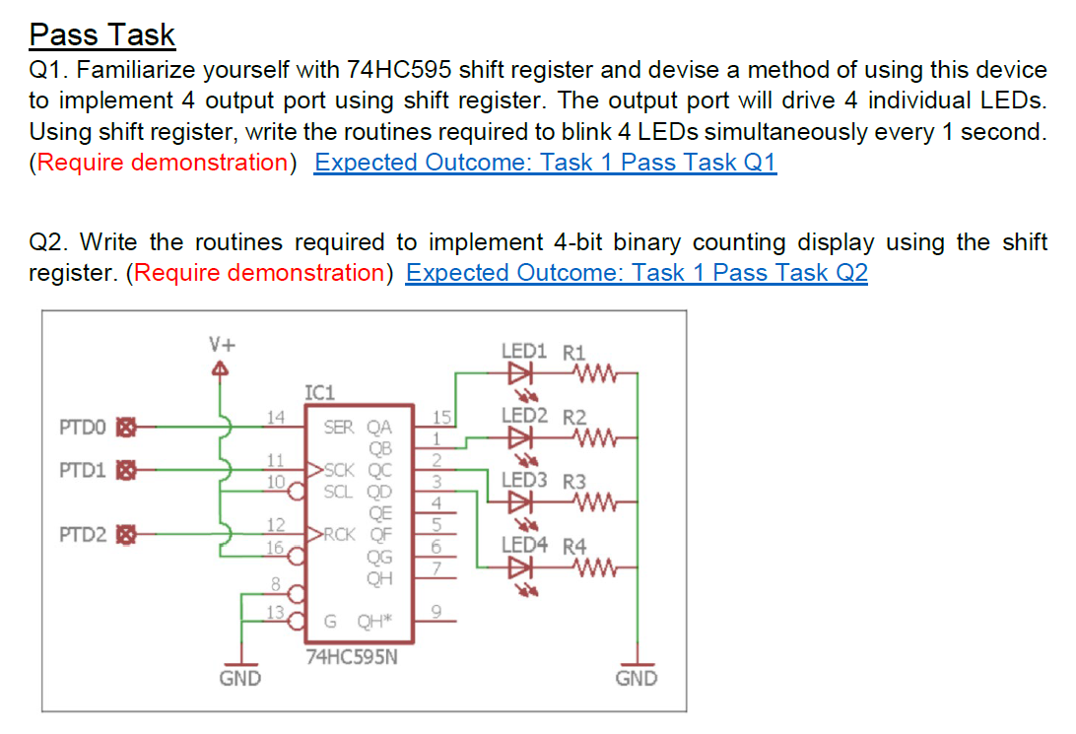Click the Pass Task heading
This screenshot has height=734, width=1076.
pyautogui.click(x=101, y=34)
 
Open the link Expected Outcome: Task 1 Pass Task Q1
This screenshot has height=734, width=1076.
pyautogui.click(x=545, y=163)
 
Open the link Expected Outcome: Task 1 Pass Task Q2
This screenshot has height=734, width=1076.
pyautogui.click(x=637, y=273)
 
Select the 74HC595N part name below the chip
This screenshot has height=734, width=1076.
pyautogui.click(x=352, y=658)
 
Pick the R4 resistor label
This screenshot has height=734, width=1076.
pyautogui.click(x=573, y=546)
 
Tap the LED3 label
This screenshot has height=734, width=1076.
pyautogui.click(x=523, y=481)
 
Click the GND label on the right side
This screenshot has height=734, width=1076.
pyautogui.click(x=636, y=678)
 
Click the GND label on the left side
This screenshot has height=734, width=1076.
pyautogui.click(x=239, y=678)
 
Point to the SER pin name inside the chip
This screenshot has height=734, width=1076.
pyautogui.click(x=338, y=428)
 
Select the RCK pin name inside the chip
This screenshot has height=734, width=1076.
pyautogui.click(x=340, y=535)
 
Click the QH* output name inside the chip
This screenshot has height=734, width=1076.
pyautogui.click(x=374, y=620)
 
